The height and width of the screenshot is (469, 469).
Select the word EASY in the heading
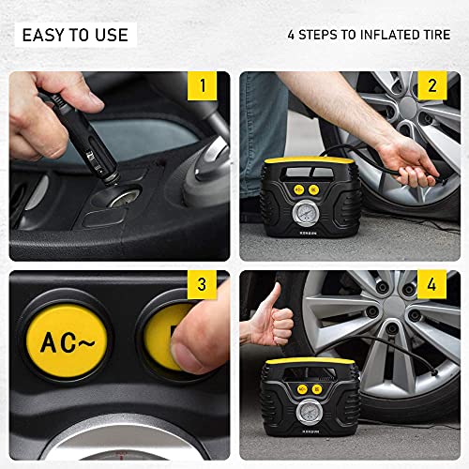[43, 36]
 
